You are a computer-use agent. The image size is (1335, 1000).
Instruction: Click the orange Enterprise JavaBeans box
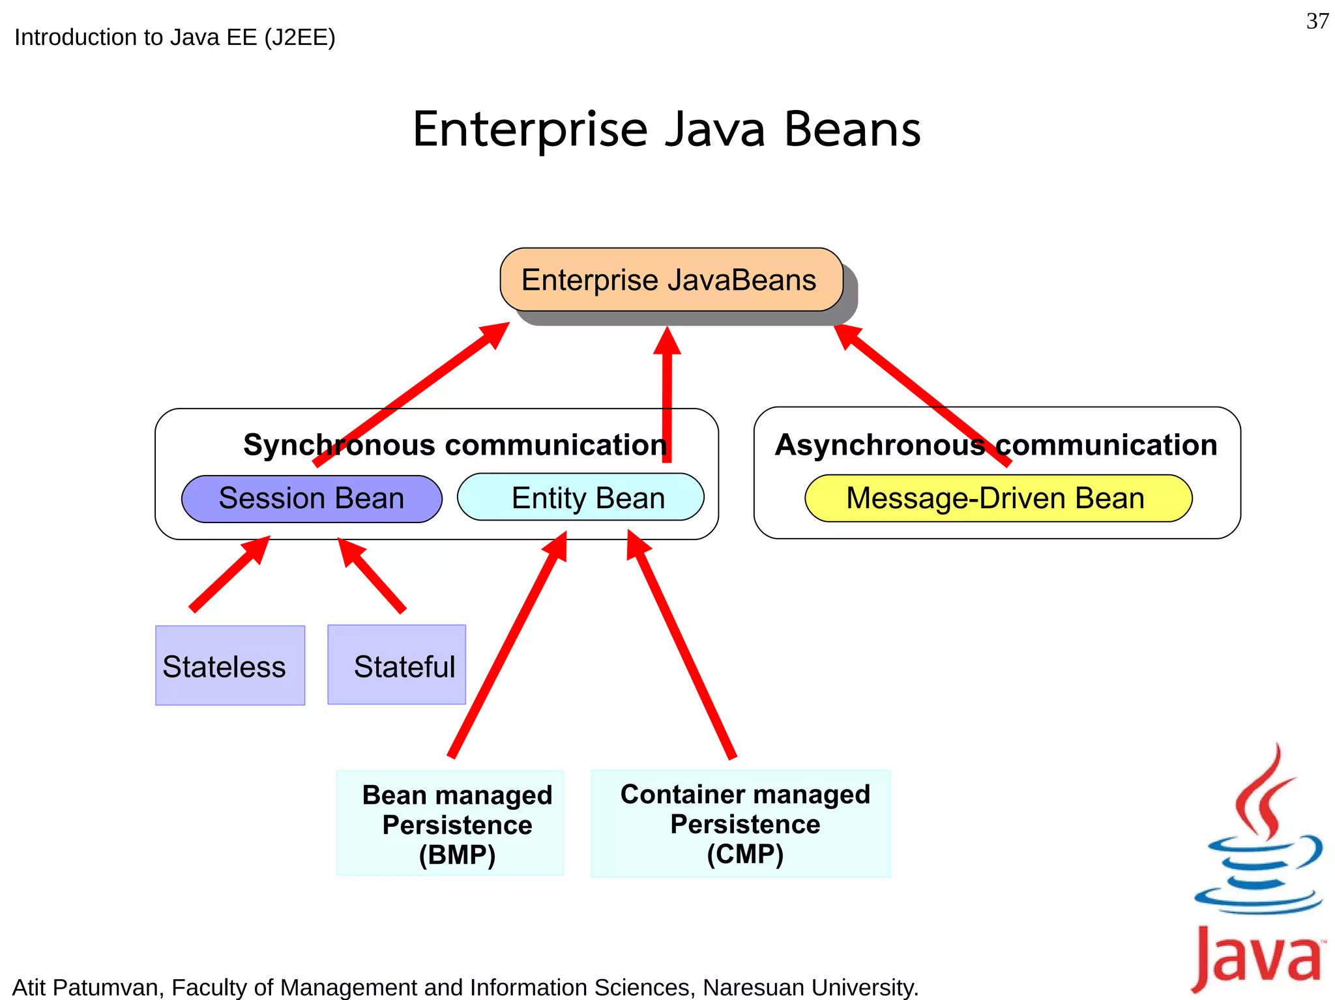671,279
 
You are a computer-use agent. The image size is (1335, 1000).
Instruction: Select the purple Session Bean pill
312,498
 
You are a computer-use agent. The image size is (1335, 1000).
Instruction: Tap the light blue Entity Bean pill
580,498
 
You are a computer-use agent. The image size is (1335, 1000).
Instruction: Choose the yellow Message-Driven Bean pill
998,498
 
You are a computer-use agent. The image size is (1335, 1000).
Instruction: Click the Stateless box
230,665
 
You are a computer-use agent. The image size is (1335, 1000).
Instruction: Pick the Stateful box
396,664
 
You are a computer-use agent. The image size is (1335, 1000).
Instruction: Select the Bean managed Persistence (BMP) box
450,823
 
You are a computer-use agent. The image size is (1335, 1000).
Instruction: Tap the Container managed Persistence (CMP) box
741,823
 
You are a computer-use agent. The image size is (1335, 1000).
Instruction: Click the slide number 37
1317,21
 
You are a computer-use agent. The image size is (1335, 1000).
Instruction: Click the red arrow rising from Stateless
228,574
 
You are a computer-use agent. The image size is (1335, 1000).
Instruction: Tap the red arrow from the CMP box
681,645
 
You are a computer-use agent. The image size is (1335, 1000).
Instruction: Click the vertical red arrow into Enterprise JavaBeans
667,397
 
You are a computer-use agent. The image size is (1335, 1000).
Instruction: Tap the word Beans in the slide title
852,130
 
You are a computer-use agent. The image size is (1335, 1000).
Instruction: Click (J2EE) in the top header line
300,37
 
